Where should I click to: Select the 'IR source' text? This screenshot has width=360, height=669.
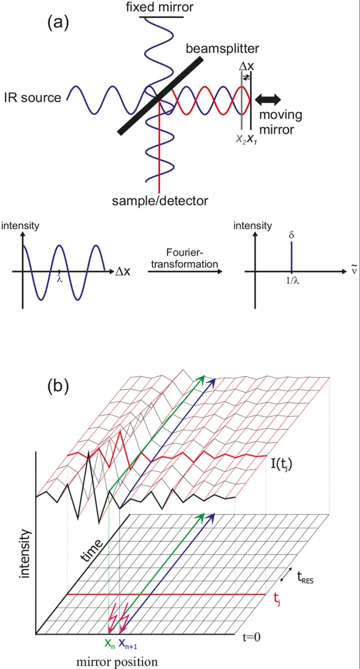(32, 99)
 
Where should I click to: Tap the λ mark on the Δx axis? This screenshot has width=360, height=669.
(59, 278)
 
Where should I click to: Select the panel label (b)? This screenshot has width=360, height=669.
(59, 387)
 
